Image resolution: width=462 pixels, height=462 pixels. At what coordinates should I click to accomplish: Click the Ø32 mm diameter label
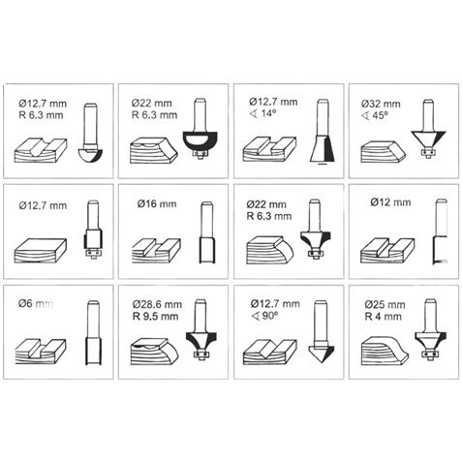(x=381, y=104)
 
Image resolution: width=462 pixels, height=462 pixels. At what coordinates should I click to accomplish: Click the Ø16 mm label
(x=157, y=204)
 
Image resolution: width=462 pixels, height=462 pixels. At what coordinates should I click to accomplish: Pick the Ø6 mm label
(x=36, y=304)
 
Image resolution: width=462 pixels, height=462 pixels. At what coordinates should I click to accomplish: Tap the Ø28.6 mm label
(x=157, y=304)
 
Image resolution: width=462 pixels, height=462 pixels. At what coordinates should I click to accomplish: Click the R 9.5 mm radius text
(x=156, y=316)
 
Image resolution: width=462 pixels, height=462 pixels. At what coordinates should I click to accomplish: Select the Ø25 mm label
(x=385, y=305)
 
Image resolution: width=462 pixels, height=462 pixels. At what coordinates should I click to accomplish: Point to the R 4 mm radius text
(x=384, y=316)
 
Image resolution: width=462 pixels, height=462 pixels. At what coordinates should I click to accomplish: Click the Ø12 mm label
(x=390, y=202)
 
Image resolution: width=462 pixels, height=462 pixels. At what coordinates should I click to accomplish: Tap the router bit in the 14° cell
(x=323, y=132)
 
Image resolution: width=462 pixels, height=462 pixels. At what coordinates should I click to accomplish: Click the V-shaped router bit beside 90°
(x=321, y=331)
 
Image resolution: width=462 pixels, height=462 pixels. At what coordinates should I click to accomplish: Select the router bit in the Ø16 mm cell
(x=206, y=232)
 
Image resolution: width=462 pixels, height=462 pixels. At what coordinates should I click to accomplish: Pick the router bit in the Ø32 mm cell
(x=428, y=128)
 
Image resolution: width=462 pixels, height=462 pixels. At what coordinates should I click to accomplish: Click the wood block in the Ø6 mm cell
(x=41, y=352)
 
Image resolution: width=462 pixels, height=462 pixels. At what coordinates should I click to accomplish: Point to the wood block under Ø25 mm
(x=385, y=351)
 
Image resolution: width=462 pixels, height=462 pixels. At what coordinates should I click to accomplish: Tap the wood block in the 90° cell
(x=269, y=352)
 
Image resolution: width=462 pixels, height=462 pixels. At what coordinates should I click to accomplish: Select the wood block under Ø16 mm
(x=156, y=251)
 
